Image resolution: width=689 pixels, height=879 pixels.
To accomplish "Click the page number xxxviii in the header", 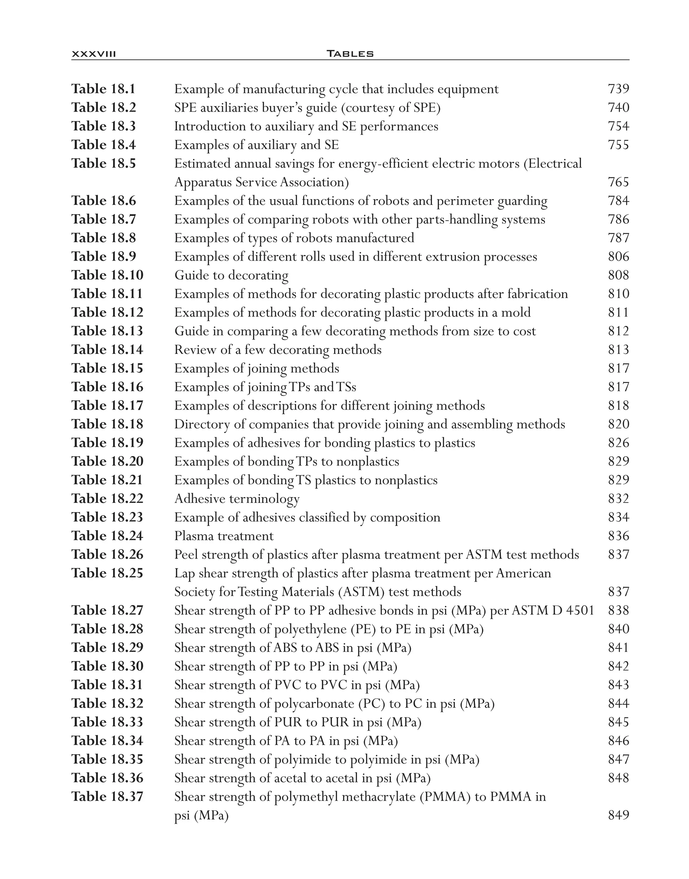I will point(94,53).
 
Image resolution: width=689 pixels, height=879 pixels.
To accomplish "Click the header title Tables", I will point(350,53).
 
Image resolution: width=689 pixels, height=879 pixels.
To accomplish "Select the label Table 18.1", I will point(104,89).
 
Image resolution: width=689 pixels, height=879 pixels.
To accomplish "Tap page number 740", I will point(618,107).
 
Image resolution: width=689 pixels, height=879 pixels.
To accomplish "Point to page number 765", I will point(618,182).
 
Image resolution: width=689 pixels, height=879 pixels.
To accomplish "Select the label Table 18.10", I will point(107,275).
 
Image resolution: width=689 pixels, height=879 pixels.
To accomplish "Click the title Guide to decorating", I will point(231,275).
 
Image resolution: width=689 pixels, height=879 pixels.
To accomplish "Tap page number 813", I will point(618,350).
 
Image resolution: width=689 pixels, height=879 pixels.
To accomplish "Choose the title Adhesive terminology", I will point(237,499).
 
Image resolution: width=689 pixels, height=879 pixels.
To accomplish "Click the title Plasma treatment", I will point(224,536).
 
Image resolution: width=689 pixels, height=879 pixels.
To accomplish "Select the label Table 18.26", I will point(107,555).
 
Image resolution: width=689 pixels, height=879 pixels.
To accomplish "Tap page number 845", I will point(618,722).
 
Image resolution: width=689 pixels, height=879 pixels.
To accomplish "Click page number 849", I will point(618,815).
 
